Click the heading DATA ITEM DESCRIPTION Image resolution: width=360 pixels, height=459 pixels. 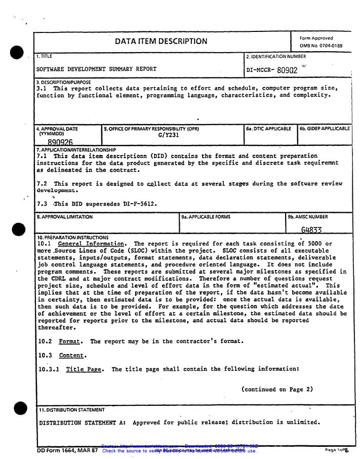[x=161, y=42]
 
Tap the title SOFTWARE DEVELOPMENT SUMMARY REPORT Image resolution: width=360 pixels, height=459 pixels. [x=96, y=69]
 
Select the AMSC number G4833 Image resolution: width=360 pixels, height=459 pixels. [x=311, y=230]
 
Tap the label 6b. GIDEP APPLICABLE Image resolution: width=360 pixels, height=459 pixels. [x=324, y=129]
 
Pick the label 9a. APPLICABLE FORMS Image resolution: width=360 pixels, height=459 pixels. [x=205, y=217]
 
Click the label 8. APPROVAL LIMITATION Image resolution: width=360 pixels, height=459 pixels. [x=64, y=217]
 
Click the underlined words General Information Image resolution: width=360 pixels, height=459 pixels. [x=91, y=244]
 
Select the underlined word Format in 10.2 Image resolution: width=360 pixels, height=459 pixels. [x=69, y=341]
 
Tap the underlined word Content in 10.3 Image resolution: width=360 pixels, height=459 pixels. [x=71, y=355]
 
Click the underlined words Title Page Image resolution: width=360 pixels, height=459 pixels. [x=84, y=369]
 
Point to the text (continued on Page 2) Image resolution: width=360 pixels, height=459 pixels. [x=277, y=390]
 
